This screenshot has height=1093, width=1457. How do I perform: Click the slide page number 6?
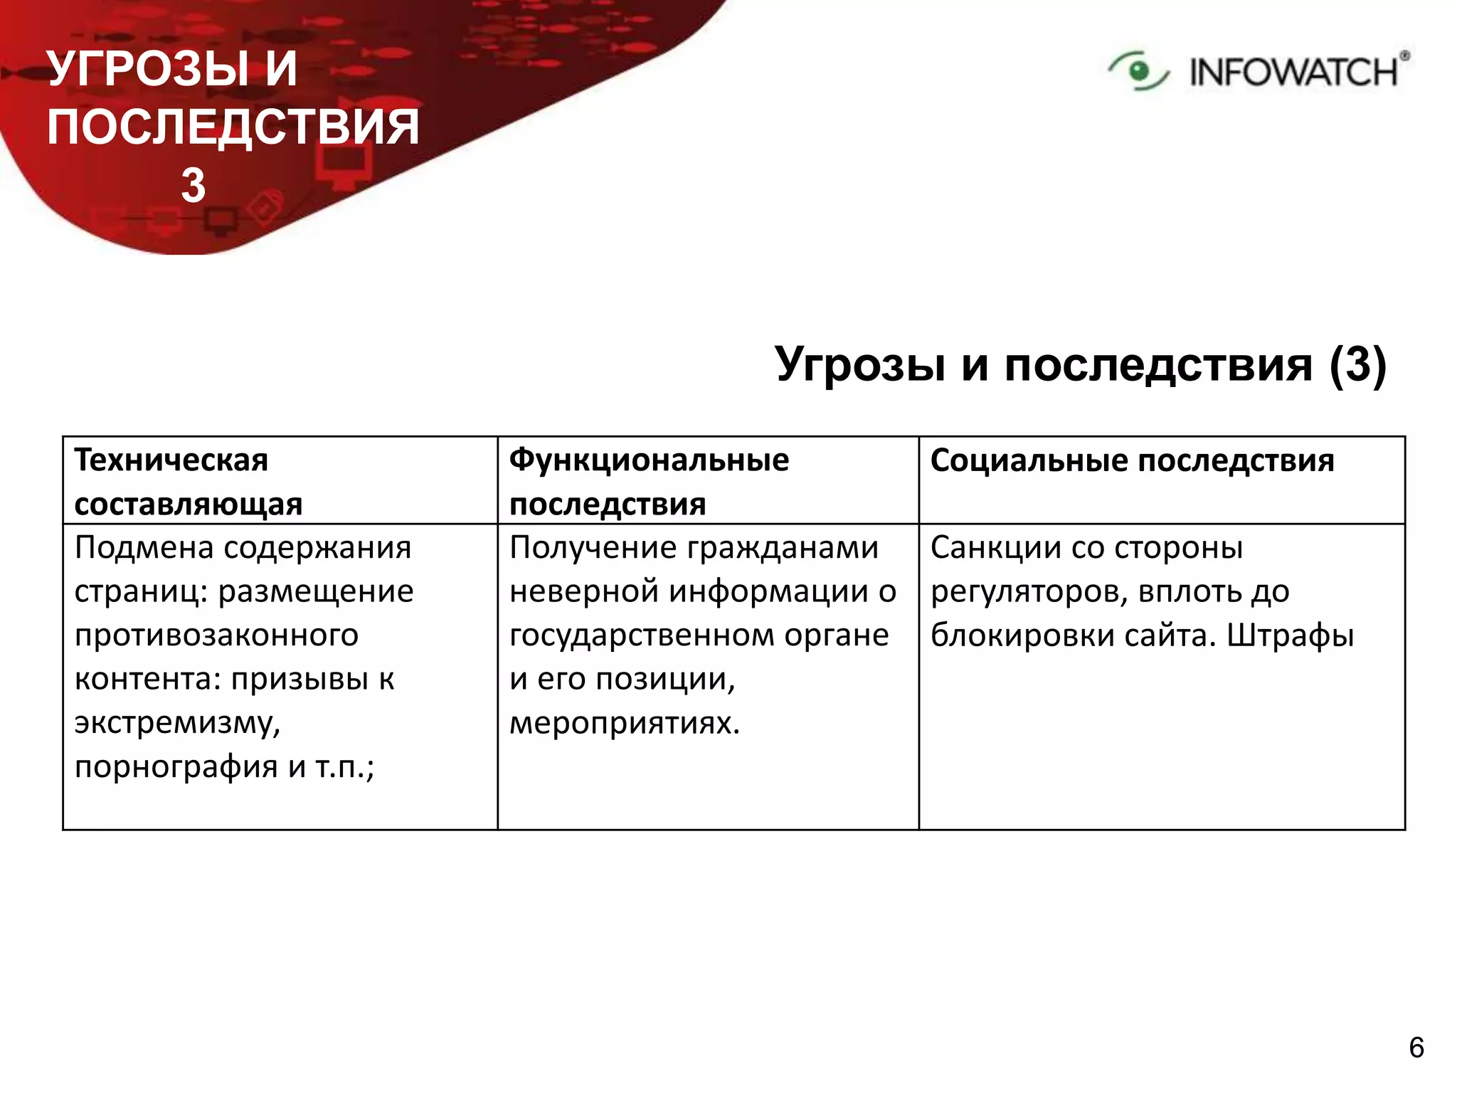pos(1416,1047)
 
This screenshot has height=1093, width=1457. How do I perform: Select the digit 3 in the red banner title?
pos(193,186)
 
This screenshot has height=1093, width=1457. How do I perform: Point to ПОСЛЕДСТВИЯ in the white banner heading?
pos(233,127)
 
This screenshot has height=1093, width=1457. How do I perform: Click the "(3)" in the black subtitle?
pos(1357,364)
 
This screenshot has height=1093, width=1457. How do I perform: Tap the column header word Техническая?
pos(171,460)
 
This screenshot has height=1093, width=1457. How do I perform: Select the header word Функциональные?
pos(649,460)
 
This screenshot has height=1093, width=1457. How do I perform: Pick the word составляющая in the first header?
pos(189,505)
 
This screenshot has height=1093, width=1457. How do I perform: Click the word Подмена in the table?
pos(144,548)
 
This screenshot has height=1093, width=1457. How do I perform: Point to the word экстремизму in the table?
pos(177,724)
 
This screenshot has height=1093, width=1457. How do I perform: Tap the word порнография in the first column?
pos(176,767)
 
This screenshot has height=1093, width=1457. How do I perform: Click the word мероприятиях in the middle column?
pos(625,724)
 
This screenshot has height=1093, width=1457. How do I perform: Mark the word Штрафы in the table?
pos(1290,635)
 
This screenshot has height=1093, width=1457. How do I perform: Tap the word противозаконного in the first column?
pos(216,635)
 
